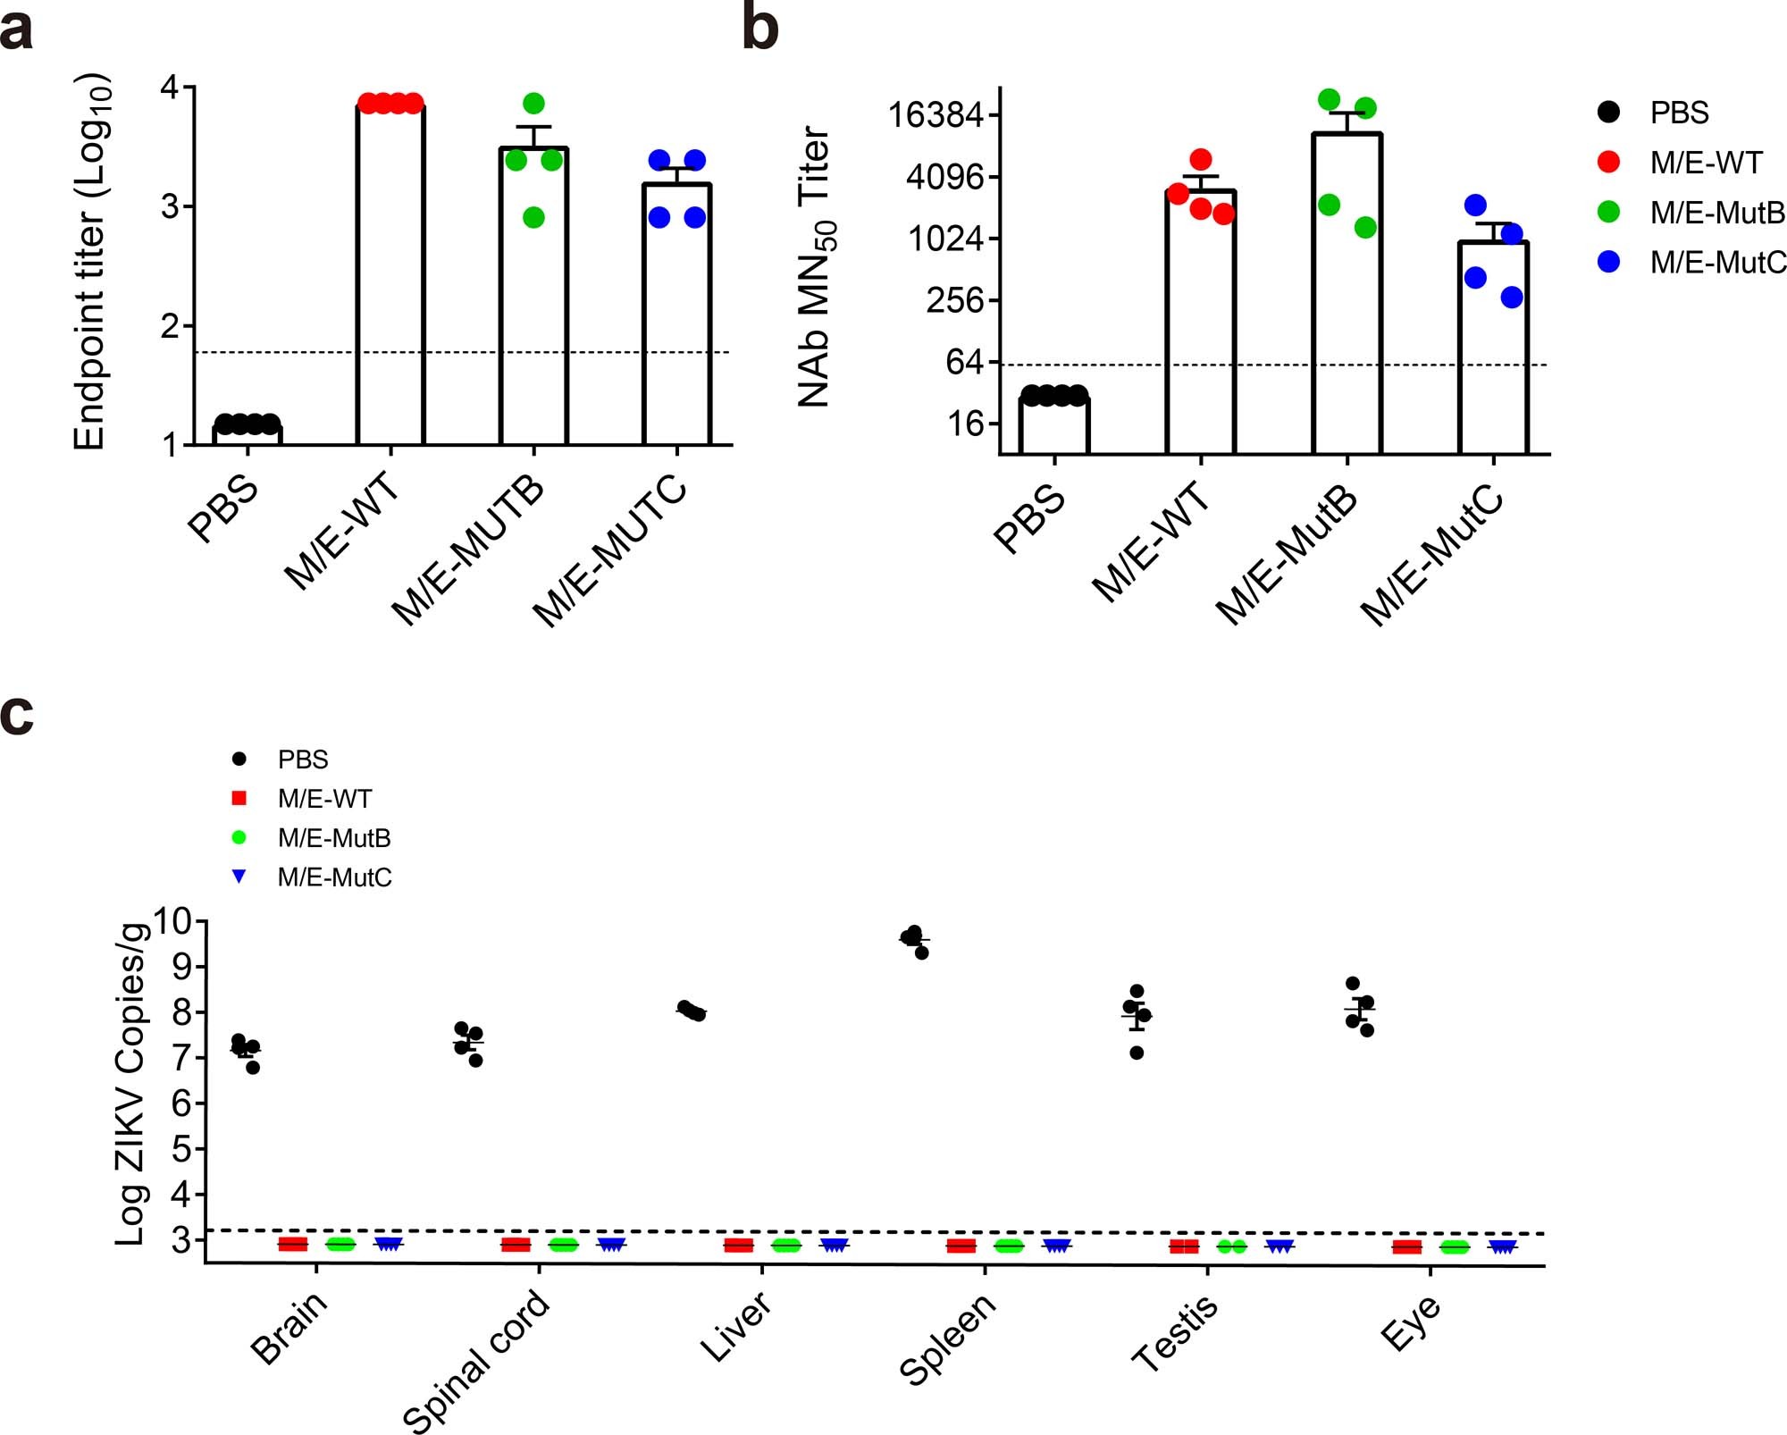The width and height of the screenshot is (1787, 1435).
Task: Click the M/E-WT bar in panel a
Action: point(390,277)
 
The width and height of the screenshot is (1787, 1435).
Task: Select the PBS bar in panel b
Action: point(1054,426)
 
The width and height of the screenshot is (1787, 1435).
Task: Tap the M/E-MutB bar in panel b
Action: point(1347,295)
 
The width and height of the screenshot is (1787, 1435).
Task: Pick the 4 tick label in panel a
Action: point(170,88)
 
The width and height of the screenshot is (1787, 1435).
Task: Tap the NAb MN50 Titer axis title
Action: point(816,266)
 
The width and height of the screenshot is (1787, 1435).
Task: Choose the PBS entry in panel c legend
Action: point(302,759)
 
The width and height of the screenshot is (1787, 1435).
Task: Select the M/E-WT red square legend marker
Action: point(239,798)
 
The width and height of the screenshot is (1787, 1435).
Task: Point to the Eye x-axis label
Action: point(1410,1323)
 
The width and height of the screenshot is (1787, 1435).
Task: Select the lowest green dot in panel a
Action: point(533,217)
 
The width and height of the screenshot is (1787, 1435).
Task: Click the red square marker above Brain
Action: point(293,1244)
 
